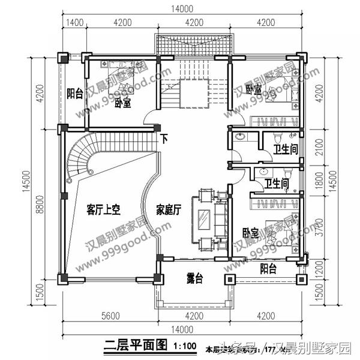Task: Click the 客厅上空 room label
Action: (x=104, y=209)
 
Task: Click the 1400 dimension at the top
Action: (x=74, y=23)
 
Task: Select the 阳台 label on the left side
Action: (x=74, y=94)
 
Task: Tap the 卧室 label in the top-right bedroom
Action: (x=254, y=89)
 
